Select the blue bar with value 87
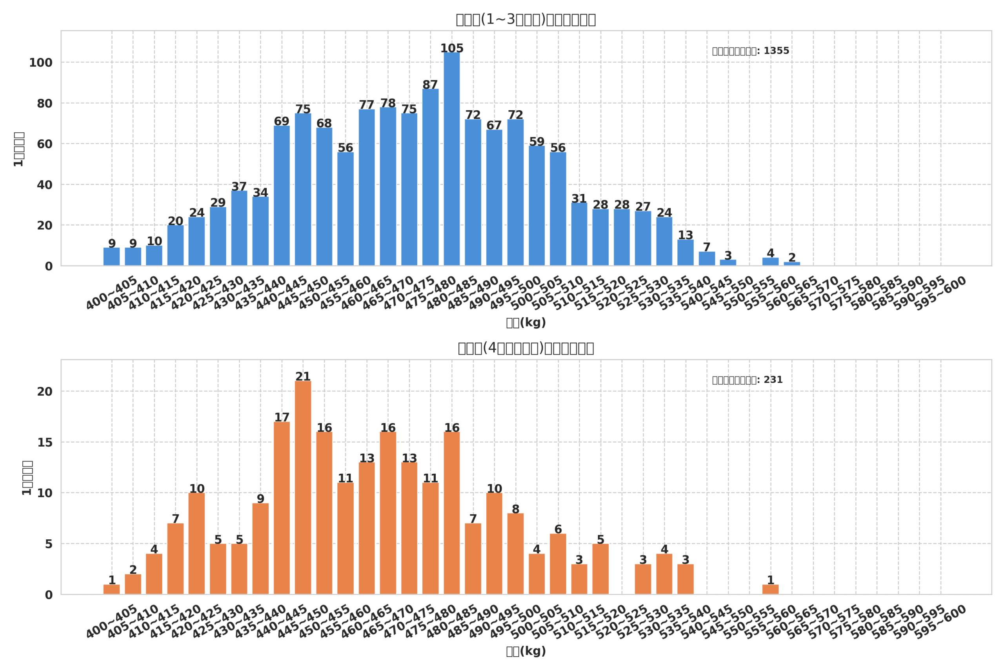(430, 177)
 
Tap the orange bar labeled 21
(303, 487)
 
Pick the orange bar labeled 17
(282, 508)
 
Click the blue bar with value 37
(239, 228)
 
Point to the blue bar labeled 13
(686, 253)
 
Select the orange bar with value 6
(558, 564)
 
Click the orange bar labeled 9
(260, 549)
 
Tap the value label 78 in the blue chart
(388, 103)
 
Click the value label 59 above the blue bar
(537, 142)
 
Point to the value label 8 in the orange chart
(516, 509)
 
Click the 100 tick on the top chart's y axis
(40, 63)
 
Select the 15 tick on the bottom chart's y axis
(45, 443)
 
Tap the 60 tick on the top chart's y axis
(44, 144)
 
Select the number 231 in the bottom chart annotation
(773, 380)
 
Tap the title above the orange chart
(526, 348)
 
